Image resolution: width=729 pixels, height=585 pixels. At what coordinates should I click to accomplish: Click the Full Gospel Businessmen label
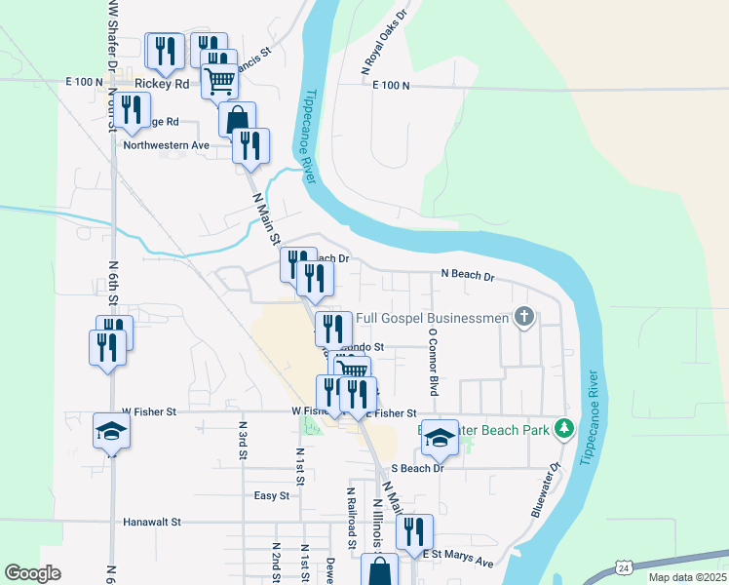433,318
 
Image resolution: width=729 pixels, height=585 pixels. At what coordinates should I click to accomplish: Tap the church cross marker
524,316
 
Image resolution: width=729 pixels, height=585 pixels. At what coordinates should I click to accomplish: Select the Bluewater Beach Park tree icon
562,428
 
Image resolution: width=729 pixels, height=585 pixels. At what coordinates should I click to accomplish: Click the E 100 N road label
393,86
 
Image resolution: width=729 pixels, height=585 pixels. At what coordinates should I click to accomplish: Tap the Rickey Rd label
162,84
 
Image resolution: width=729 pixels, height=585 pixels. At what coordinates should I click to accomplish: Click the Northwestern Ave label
167,145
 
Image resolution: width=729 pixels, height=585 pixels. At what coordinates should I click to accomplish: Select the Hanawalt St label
152,522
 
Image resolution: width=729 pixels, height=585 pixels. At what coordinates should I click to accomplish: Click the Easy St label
272,495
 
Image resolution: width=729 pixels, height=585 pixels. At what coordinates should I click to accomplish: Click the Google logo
32,573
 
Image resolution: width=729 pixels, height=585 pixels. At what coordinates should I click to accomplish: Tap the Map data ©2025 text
686,577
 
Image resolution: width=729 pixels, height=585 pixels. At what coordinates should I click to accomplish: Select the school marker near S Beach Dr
440,440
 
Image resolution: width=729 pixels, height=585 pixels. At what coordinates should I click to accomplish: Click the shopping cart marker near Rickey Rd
220,82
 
